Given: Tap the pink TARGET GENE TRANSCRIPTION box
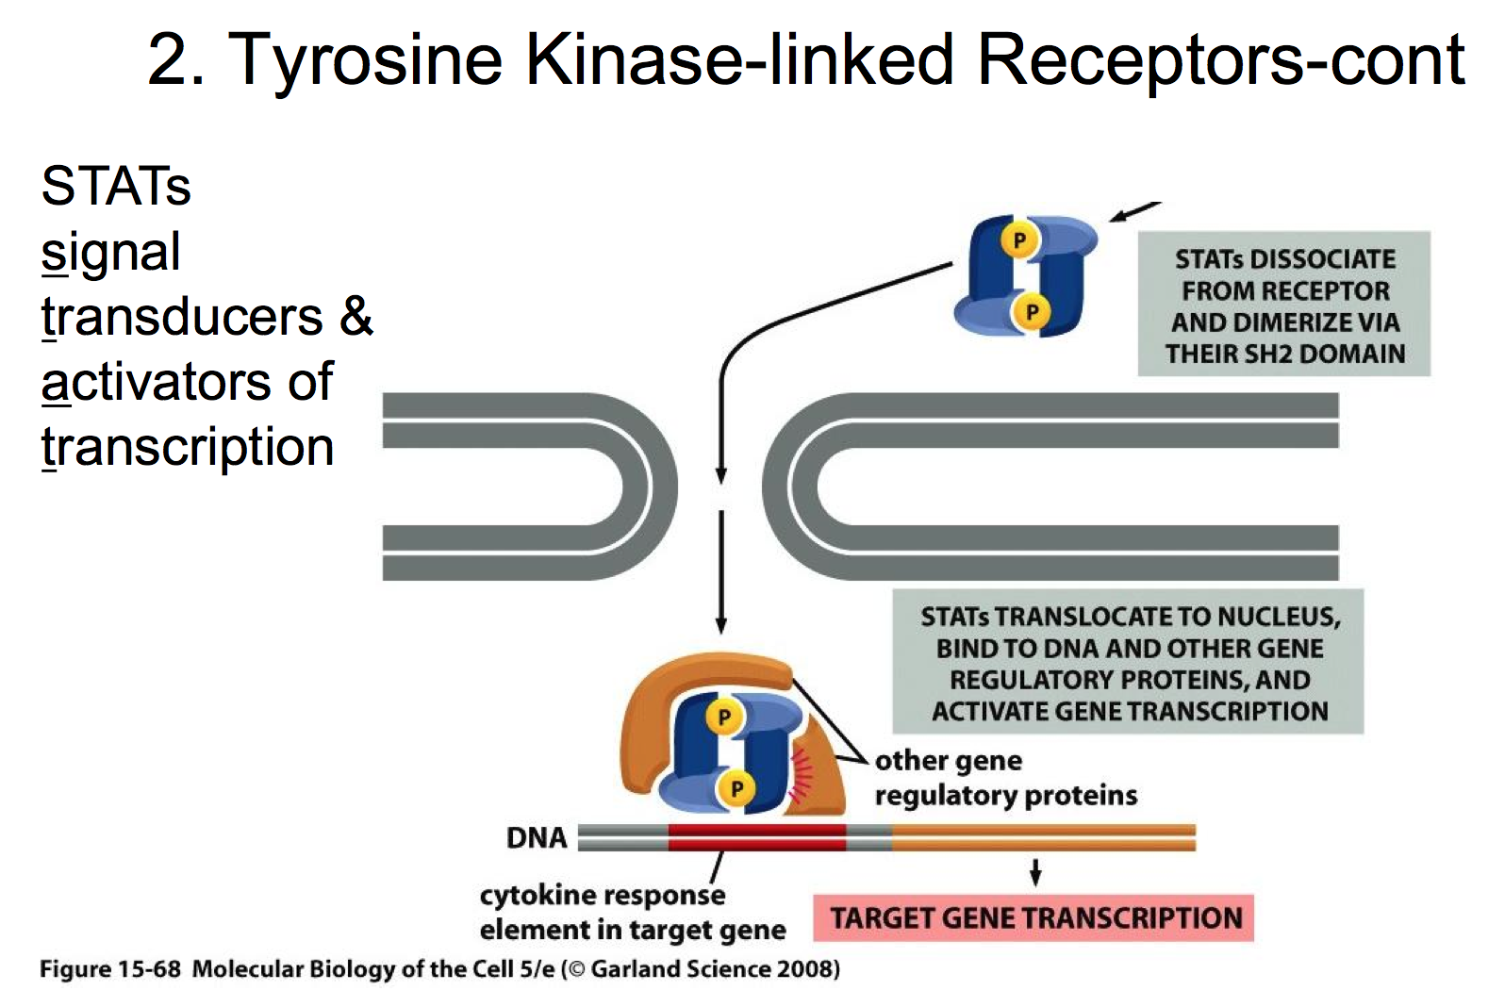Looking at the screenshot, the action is point(1033,918).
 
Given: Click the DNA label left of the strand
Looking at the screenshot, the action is point(537,837).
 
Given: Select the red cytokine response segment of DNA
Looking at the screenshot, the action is point(757,837).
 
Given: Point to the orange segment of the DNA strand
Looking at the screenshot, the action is point(1044,837).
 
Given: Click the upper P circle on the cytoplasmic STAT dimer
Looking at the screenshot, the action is point(1019,239).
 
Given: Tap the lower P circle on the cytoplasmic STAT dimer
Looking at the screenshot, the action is point(1032,311).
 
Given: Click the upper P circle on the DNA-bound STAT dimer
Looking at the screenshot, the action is point(724,717).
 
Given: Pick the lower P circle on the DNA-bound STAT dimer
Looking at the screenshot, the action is point(736,788).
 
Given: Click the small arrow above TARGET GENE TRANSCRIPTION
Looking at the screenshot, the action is point(1035,872).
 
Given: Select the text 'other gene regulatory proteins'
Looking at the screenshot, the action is point(1006,778).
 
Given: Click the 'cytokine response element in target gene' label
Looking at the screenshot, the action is point(633,913).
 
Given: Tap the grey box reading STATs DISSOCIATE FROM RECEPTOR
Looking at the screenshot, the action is point(1284,304).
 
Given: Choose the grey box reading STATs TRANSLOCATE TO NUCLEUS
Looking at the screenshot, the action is point(1128,661).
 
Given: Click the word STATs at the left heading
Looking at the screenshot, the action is point(116,186).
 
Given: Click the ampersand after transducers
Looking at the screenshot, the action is point(356,316).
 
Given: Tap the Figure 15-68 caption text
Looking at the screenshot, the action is point(439,969).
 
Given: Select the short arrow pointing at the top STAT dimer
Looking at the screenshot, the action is point(1134,211).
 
